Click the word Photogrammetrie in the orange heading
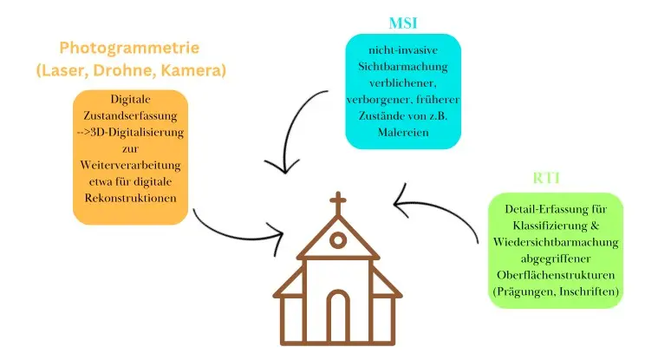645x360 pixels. click(131, 49)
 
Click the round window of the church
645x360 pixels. click(338, 240)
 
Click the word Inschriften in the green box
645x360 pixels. click(585, 292)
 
